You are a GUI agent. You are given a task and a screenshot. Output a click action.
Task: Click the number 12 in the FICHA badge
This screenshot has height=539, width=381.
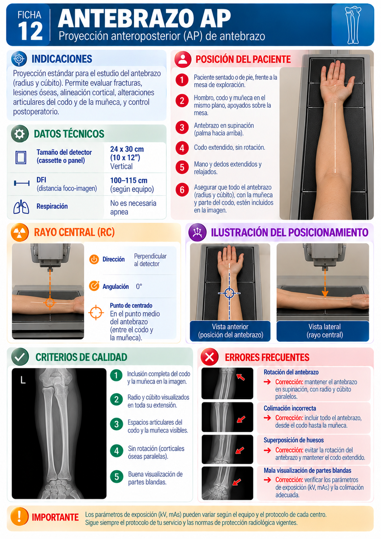[x=30, y=31]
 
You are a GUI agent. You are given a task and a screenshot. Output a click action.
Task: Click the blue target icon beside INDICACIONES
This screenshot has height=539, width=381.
[x=19, y=59]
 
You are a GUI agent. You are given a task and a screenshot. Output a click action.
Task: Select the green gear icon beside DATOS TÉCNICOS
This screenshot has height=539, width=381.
[x=20, y=134]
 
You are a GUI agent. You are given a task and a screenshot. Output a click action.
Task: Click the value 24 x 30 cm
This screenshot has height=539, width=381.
[x=127, y=149]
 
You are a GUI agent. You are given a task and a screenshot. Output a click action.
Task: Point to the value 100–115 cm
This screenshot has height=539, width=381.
[x=129, y=181]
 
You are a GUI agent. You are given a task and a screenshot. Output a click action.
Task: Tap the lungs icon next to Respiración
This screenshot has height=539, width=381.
[x=21, y=207]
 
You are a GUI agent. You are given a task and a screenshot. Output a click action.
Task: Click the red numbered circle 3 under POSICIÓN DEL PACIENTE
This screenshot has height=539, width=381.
[x=182, y=127]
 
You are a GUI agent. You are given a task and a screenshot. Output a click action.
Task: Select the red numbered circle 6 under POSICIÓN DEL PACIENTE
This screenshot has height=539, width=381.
[x=182, y=190]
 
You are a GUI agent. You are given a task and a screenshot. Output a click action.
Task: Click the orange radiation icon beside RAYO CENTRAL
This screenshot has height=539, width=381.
[x=20, y=232]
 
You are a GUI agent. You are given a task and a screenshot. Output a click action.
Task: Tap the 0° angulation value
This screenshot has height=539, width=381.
[x=139, y=286]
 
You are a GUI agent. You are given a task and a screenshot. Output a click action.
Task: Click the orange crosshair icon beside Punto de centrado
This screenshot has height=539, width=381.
[x=96, y=312]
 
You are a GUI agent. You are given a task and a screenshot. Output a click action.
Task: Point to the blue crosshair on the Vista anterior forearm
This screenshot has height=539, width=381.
[x=229, y=293]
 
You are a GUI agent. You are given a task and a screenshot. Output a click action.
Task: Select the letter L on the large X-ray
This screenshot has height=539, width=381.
[x=23, y=380]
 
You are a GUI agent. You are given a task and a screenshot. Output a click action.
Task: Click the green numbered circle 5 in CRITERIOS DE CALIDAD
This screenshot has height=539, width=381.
[x=116, y=476]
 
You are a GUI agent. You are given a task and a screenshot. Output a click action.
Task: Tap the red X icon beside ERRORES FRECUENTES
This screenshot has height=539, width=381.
[x=209, y=357]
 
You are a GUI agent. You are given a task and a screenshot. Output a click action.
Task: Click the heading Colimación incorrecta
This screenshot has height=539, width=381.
[x=290, y=408]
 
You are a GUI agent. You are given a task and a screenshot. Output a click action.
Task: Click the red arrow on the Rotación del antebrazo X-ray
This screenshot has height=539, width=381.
[x=240, y=377]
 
